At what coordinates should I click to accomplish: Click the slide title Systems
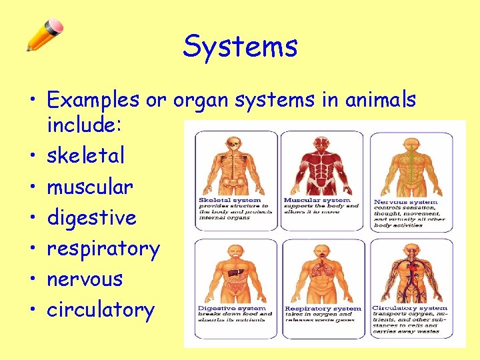[x=240, y=47]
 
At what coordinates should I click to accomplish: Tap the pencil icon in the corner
[x=45, y=35]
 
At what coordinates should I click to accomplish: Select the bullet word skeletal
[x=85, y=156]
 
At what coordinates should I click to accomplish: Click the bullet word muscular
[x=90, y=187]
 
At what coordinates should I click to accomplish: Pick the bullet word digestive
[x=91, y=218]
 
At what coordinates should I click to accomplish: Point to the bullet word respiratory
[x=103, y=249]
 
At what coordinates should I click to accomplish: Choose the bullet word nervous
[x=85, y=279]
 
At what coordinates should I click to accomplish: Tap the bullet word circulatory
[x=101, y=310]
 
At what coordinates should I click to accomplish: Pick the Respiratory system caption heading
[x=323, y=309]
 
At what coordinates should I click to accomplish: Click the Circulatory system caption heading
[x=409, y=308]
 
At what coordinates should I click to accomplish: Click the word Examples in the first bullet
[x=93, y=100]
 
